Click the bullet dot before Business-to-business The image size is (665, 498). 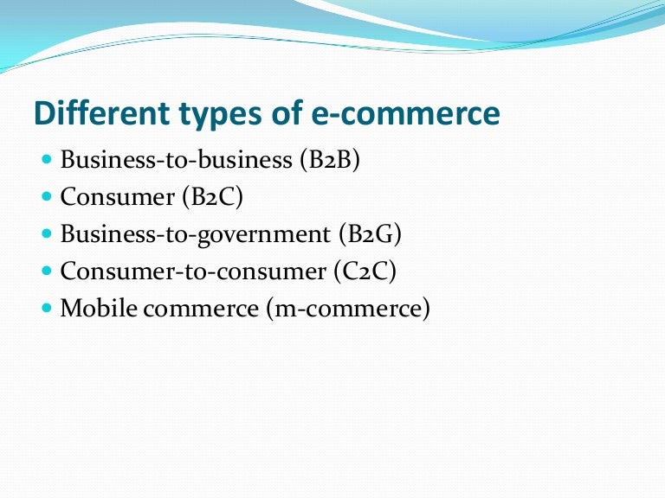(x=47, y=160)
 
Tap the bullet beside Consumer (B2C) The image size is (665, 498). (x=47, y=197)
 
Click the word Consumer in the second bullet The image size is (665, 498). (x=118, y=198)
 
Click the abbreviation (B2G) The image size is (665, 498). (x=373, y=235)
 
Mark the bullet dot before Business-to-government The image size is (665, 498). (x=47, y=234)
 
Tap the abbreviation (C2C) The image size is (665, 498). (x=365, y=271)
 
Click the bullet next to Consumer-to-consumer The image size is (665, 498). (x=47, y=271)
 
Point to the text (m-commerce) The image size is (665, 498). (x=349, y=309)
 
